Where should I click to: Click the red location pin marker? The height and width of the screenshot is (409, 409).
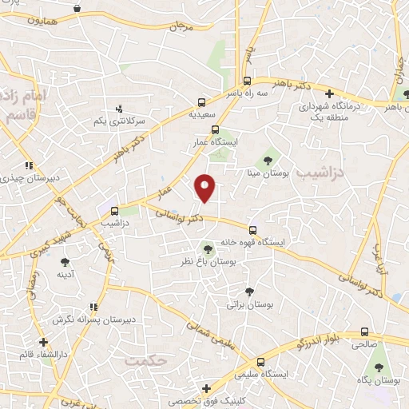205,186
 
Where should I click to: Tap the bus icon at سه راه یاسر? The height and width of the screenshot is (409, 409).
247,81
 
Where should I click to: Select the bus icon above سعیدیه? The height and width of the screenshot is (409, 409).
201,102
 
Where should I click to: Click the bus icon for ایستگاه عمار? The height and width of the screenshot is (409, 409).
213,129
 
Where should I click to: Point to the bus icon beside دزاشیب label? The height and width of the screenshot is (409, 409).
115,212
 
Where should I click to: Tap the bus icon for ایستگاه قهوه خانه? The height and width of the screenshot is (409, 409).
252,229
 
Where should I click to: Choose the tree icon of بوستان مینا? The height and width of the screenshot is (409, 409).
267,161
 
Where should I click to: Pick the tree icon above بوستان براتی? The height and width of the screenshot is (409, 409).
249,292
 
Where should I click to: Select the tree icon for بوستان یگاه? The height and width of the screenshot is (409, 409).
378,367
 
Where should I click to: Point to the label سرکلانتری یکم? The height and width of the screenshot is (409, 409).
120,121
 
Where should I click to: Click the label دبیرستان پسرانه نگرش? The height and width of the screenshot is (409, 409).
86,320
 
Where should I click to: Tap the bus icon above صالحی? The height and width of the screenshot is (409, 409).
364,332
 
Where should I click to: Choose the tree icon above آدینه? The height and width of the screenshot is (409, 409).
65,261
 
